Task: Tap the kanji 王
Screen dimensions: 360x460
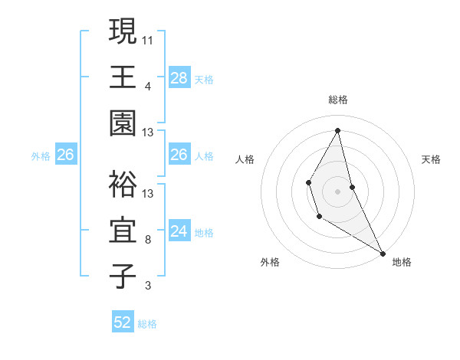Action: (123, 77)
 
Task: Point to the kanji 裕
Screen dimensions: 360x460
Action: (123, 184)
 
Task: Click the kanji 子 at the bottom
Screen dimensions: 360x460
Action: (123, 277)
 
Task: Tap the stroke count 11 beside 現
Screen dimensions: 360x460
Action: (148, 39)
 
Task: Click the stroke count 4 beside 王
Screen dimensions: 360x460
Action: (148, 86)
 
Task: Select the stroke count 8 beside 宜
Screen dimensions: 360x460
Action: (148, 240)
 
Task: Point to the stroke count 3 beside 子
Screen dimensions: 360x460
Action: (148, 286)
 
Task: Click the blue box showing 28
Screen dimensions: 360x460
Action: (179, 77)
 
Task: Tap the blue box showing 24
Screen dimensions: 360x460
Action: (179, 231)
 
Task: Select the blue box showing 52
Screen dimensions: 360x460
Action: (123, 322)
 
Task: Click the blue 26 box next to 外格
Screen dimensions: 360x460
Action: (65, 155)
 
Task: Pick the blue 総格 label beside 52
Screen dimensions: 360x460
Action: (147, 324)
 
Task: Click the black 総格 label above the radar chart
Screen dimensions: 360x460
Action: (338, 100)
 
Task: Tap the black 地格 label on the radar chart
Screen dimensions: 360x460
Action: (402, 262)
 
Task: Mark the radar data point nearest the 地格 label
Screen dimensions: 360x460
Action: (383, 253)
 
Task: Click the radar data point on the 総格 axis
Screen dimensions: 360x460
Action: (338, 129)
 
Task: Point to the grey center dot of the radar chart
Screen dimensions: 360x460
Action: (338, 190)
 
